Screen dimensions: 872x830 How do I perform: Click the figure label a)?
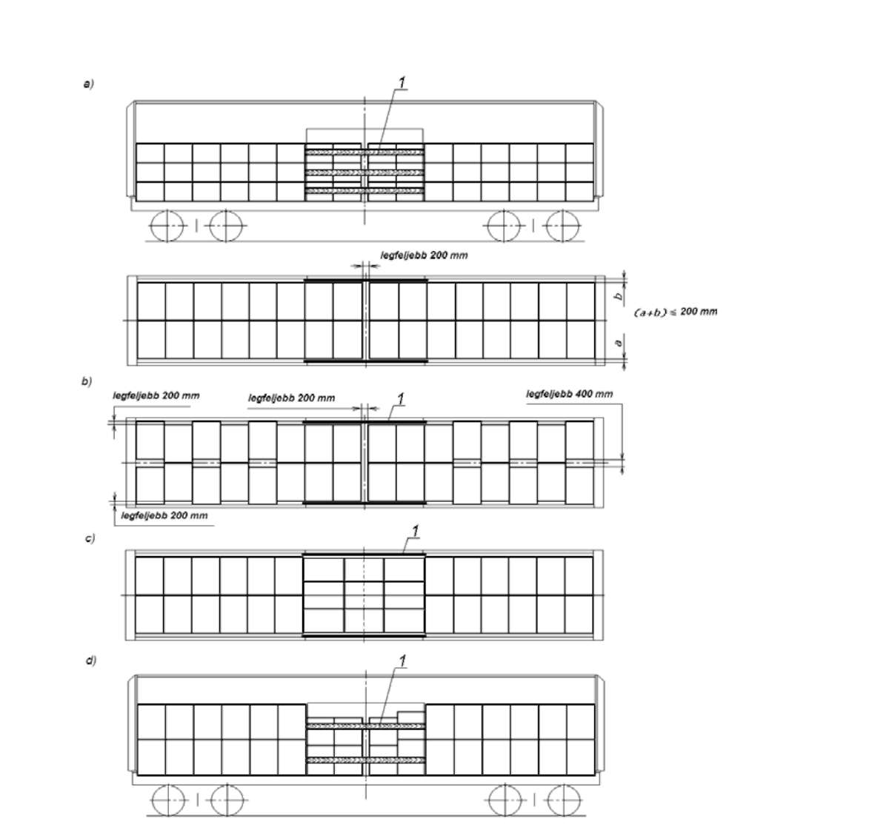[x=88, y=84]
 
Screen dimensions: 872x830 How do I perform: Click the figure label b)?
[x=86, y=381]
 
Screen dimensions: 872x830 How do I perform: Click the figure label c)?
[x=90, y=538]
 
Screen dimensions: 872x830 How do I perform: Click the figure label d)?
[x=90, y=660]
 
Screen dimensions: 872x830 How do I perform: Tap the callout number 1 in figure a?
[x=402, y=82]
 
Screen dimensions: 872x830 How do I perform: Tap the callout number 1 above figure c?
[x=414, y=531]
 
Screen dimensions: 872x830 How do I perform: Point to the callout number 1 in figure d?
[x=402, y=660]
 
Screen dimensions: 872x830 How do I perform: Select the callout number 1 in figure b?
[x=400, y=398]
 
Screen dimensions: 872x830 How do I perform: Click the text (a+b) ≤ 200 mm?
[x=676, y=312]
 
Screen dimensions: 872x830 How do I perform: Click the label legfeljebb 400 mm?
[x=570, y=394]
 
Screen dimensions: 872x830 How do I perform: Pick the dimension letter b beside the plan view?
[x=619, y=297]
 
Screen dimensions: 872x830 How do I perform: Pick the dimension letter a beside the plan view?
[x=619, y=343]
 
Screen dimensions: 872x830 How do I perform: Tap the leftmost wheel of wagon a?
[x=167, y=226]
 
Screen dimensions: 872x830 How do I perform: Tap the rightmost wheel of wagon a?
[x=563, y=227]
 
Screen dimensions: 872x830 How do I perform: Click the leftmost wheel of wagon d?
[x=168, y=800]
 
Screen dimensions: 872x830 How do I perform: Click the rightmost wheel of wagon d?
[x=564, y=800]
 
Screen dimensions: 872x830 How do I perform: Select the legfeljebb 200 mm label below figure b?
[x=164, y=515]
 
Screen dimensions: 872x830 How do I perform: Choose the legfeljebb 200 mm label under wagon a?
[x=425, y=255]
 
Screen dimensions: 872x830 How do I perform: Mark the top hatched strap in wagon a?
[x=365, y=152]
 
